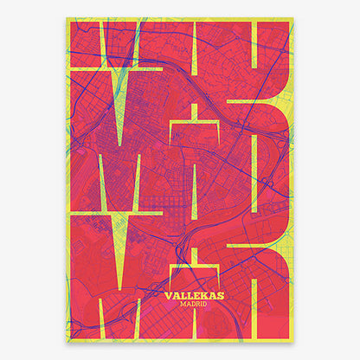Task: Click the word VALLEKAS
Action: click(193, 295)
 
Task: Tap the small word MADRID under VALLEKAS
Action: click(193, 305)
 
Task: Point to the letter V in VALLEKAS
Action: click(167, 295)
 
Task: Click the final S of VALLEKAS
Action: click(220, 295)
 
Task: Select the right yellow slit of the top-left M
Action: click(130, 39)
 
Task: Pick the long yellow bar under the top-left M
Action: click(112, 67)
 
